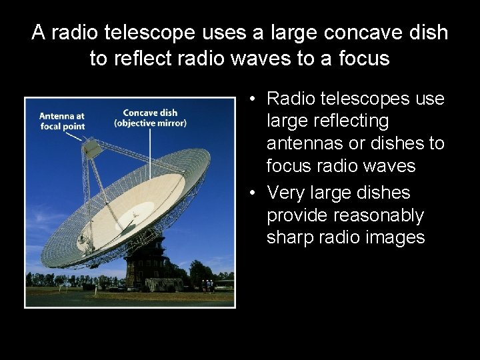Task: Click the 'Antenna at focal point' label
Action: click(x=61, y=121)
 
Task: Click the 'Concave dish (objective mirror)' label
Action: click(x=150, y=117)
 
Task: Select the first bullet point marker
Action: click(x=254, y=99)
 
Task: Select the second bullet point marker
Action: click(x=254, y=193)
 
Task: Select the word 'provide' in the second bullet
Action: click(x=298, y=215)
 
